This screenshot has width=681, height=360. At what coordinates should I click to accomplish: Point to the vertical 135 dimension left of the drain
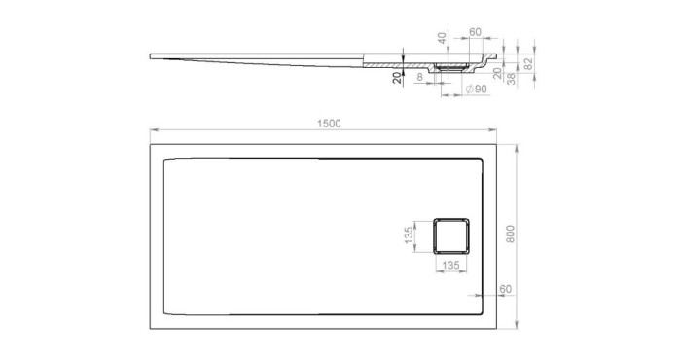tap(410, 235)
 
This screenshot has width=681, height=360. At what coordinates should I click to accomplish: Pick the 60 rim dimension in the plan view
tap(505, 289)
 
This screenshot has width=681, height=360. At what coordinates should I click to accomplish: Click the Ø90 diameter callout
tap(476, 90)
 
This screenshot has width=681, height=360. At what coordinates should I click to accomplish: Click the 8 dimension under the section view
tap(419, 76)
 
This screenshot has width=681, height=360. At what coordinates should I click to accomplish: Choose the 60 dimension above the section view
tap(475, 32)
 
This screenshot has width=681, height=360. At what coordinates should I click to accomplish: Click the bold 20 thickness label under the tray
tap(396, 79)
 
